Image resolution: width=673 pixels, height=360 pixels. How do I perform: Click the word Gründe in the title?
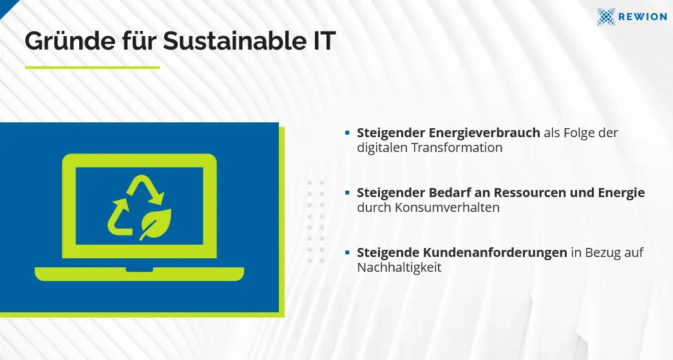click(70, 41)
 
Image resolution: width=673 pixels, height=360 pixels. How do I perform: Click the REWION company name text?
click(643, 16)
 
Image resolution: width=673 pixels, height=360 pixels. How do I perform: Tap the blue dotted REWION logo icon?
click(606, 16)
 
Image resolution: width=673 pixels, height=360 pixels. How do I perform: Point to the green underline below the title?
click(92, 68)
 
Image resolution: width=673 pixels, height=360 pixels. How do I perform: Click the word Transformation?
click(457, 147)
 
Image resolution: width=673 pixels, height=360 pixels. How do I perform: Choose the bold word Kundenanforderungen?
click(495, 252)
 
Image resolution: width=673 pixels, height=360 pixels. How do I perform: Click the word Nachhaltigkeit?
click(399, 267)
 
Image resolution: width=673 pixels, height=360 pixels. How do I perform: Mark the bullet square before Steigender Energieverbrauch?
click(347, 133)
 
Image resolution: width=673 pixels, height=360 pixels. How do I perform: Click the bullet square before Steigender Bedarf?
click(347, 193)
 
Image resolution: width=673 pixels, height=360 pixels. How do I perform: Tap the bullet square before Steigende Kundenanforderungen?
click(347, 252)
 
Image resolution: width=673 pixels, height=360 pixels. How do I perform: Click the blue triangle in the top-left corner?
click(6, 5)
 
